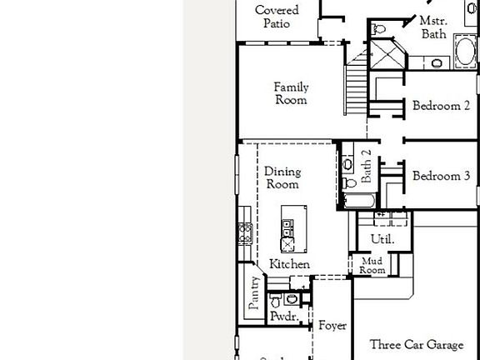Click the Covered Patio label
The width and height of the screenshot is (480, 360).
277,17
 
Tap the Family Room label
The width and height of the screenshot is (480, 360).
291,93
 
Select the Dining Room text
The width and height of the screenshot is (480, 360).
282,177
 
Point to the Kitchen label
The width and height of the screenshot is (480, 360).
289,264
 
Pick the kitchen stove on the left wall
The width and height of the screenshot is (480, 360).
245,232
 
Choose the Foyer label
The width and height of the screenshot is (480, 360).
332,326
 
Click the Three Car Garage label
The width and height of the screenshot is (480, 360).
417,344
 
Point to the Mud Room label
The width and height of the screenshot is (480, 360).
372,266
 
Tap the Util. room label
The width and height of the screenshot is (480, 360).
381,239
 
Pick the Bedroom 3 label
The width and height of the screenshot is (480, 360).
441,176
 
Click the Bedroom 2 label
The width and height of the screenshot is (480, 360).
441,106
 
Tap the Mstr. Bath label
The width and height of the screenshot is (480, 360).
432,27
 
